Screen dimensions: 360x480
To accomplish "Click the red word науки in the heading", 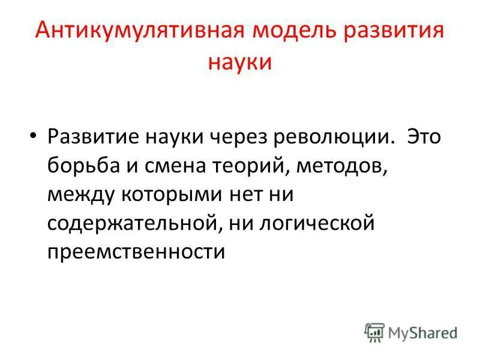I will pos(240,63).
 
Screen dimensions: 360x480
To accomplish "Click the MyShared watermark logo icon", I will pos(374,332).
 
